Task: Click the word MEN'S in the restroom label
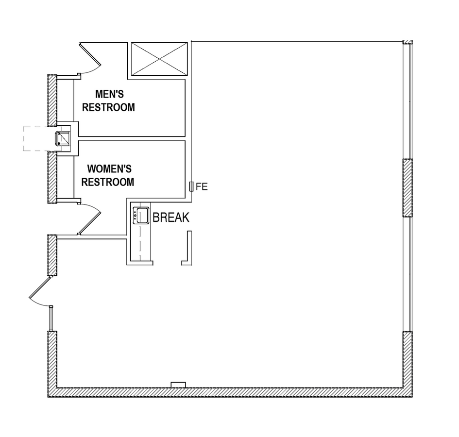108,94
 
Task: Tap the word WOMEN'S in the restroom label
109,169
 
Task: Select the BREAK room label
171,218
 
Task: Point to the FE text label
202,186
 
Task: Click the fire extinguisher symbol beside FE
192,186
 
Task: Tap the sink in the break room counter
141,215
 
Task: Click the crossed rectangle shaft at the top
160,59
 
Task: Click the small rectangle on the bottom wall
178,385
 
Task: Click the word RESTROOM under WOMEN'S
108,183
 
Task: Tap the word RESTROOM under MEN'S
108,107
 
